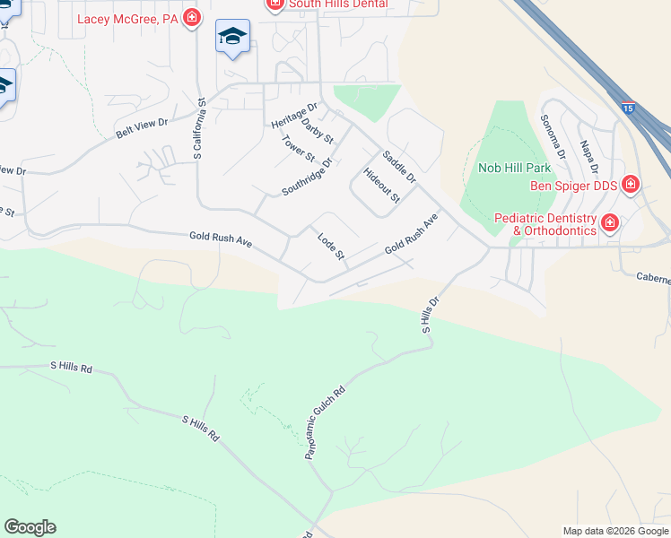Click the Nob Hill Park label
(514, 168)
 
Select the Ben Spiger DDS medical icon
(631, 185)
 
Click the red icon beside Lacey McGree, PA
(191, 17)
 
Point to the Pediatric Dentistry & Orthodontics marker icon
(610, 222)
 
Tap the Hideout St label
(381, 185)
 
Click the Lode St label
(331, 247)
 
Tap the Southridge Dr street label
(307, 178)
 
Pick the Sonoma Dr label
(553, 137)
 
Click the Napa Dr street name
(588, 159)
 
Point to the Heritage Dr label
(294, 114)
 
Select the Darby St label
(318, 131)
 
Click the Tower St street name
(298, 149)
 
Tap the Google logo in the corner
(30, 527)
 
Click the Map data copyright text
(614, 531)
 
